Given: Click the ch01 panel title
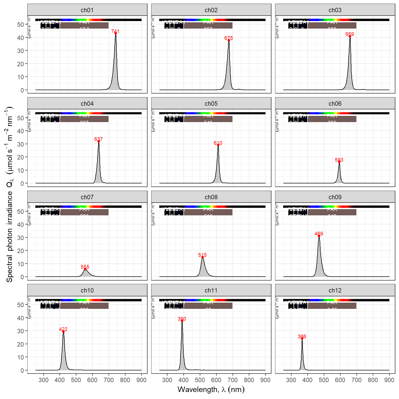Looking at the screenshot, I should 87,10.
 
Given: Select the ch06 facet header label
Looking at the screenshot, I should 335,104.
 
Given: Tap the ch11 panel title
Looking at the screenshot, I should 211,290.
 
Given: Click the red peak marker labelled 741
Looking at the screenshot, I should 116,33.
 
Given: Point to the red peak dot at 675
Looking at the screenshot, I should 229,40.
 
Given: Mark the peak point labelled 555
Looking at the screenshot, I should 85,269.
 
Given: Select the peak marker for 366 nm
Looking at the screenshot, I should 302,338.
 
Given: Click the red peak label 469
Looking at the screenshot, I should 319,234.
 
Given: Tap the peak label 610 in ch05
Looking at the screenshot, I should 218,143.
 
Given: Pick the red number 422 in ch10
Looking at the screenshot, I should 63,329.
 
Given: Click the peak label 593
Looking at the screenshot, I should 339,160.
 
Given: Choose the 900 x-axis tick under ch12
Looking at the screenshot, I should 389,380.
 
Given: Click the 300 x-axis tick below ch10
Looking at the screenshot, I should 43,380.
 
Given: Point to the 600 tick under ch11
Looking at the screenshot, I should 216,380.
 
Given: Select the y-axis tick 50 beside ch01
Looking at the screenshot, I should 21,24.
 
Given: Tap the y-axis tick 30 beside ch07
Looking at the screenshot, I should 21,238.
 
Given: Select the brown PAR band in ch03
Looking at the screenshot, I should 332,25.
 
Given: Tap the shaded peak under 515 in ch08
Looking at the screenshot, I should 203,270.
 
